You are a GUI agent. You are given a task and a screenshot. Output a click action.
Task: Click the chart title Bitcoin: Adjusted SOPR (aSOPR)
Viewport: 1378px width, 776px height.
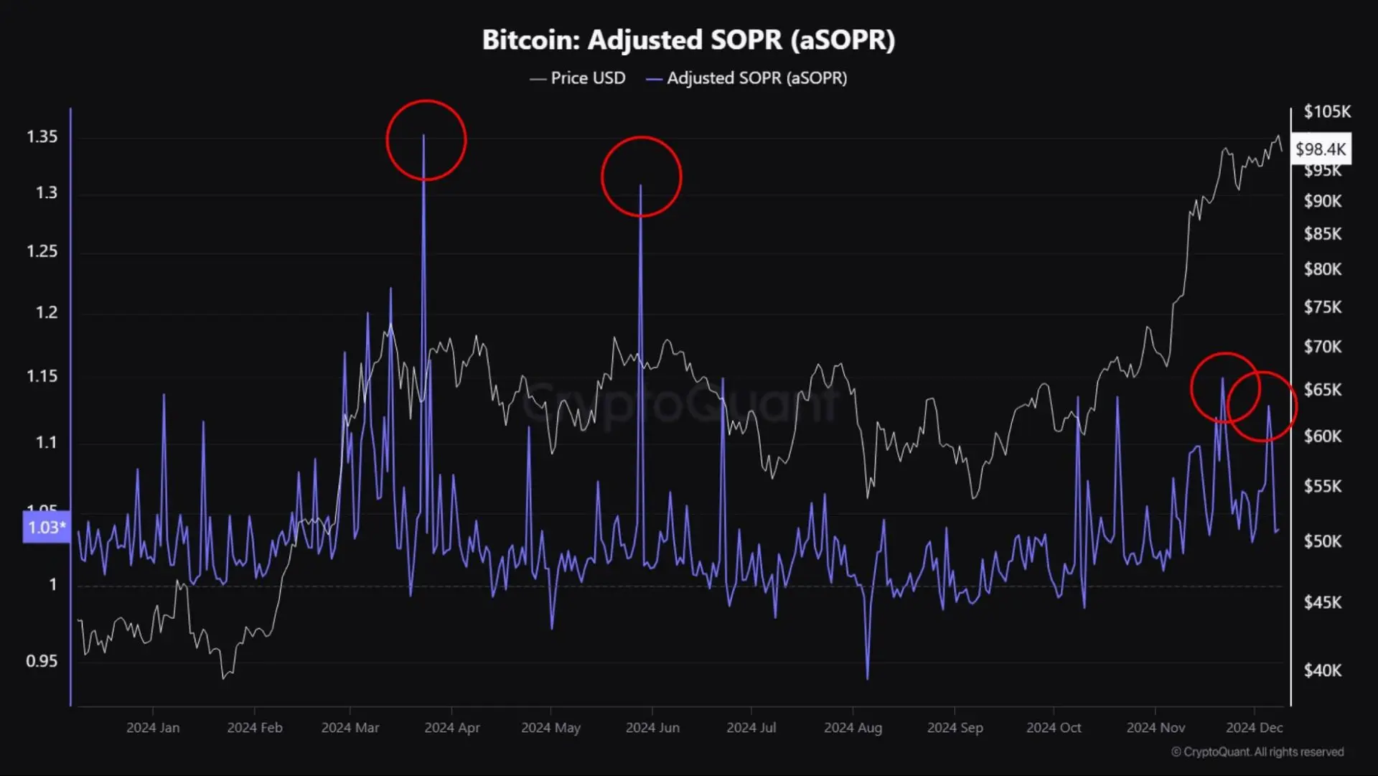(688, 40)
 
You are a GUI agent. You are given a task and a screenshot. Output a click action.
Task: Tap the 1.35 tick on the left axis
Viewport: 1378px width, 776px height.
(42, 136)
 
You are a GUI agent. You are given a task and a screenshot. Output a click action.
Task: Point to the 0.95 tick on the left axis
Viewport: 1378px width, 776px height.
(42, 660)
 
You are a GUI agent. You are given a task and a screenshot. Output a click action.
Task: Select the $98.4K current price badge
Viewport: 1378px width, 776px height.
(1320, 149)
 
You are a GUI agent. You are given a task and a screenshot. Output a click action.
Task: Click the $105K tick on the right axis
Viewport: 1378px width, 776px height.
(1326, 111)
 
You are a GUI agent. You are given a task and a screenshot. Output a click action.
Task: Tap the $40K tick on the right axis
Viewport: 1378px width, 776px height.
(1322, 670)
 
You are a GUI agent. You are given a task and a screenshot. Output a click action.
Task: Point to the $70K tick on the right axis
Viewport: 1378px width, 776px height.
(1322, 347)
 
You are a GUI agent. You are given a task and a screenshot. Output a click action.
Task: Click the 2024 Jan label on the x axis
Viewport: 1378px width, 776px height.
(153, 727)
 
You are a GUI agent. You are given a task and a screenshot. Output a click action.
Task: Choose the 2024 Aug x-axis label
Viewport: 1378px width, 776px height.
(853, 727)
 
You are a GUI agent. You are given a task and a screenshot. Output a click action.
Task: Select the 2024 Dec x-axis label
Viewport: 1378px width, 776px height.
(1254, 727)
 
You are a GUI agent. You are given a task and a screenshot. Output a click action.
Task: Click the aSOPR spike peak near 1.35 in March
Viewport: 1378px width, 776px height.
(423, 135)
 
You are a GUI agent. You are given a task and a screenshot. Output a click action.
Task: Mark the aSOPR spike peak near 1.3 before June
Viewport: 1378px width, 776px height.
(641, 185)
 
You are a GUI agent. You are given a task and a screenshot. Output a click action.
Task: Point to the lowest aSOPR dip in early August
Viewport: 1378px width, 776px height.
(868, 678)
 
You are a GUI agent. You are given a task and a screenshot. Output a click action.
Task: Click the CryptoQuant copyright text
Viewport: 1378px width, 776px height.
(1257, 752)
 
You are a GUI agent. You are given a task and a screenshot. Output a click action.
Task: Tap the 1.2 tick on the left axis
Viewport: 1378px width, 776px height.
(46, 312)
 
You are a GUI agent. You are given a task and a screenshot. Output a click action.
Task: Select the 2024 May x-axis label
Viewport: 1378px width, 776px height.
(550, 727)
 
